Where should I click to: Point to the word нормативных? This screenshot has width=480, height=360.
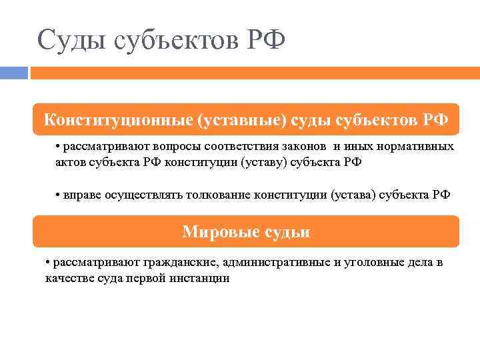click(x=416, y=146)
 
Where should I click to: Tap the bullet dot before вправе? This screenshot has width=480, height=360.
click(x=59, y=195)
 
